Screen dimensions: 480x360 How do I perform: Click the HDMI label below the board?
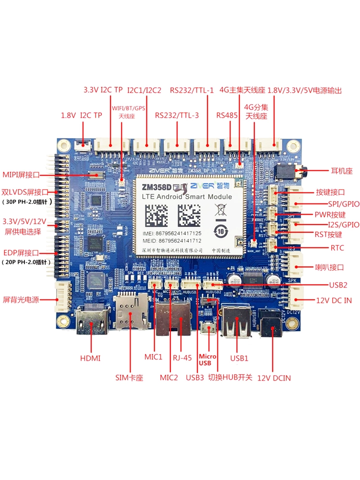91,358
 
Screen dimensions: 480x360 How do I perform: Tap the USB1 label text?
240,358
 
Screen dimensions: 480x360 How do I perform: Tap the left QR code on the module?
155,215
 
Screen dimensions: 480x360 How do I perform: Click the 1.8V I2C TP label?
82,115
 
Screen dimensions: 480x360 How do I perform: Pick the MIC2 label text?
168,378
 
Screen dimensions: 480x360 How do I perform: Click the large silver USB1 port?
232,326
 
